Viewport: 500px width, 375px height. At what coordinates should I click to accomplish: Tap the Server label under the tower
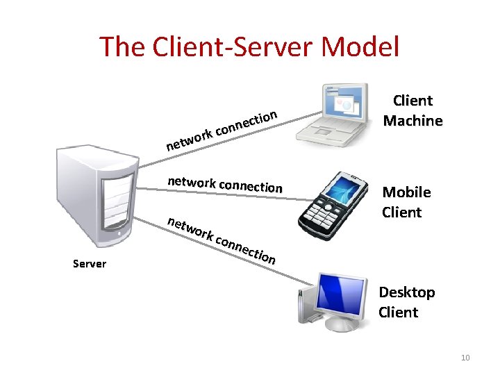90,264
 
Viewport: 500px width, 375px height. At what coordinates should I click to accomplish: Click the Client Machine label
412,111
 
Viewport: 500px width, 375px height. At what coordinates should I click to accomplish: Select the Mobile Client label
406,202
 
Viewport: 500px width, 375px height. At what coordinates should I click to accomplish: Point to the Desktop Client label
407,302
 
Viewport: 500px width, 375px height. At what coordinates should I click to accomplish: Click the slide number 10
465,358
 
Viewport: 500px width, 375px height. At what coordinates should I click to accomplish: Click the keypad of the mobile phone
321,212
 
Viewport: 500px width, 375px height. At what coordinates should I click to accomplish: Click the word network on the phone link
191,182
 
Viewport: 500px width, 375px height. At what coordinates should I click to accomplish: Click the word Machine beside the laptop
412,121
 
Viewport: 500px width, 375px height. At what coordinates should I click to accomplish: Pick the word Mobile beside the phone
406,192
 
